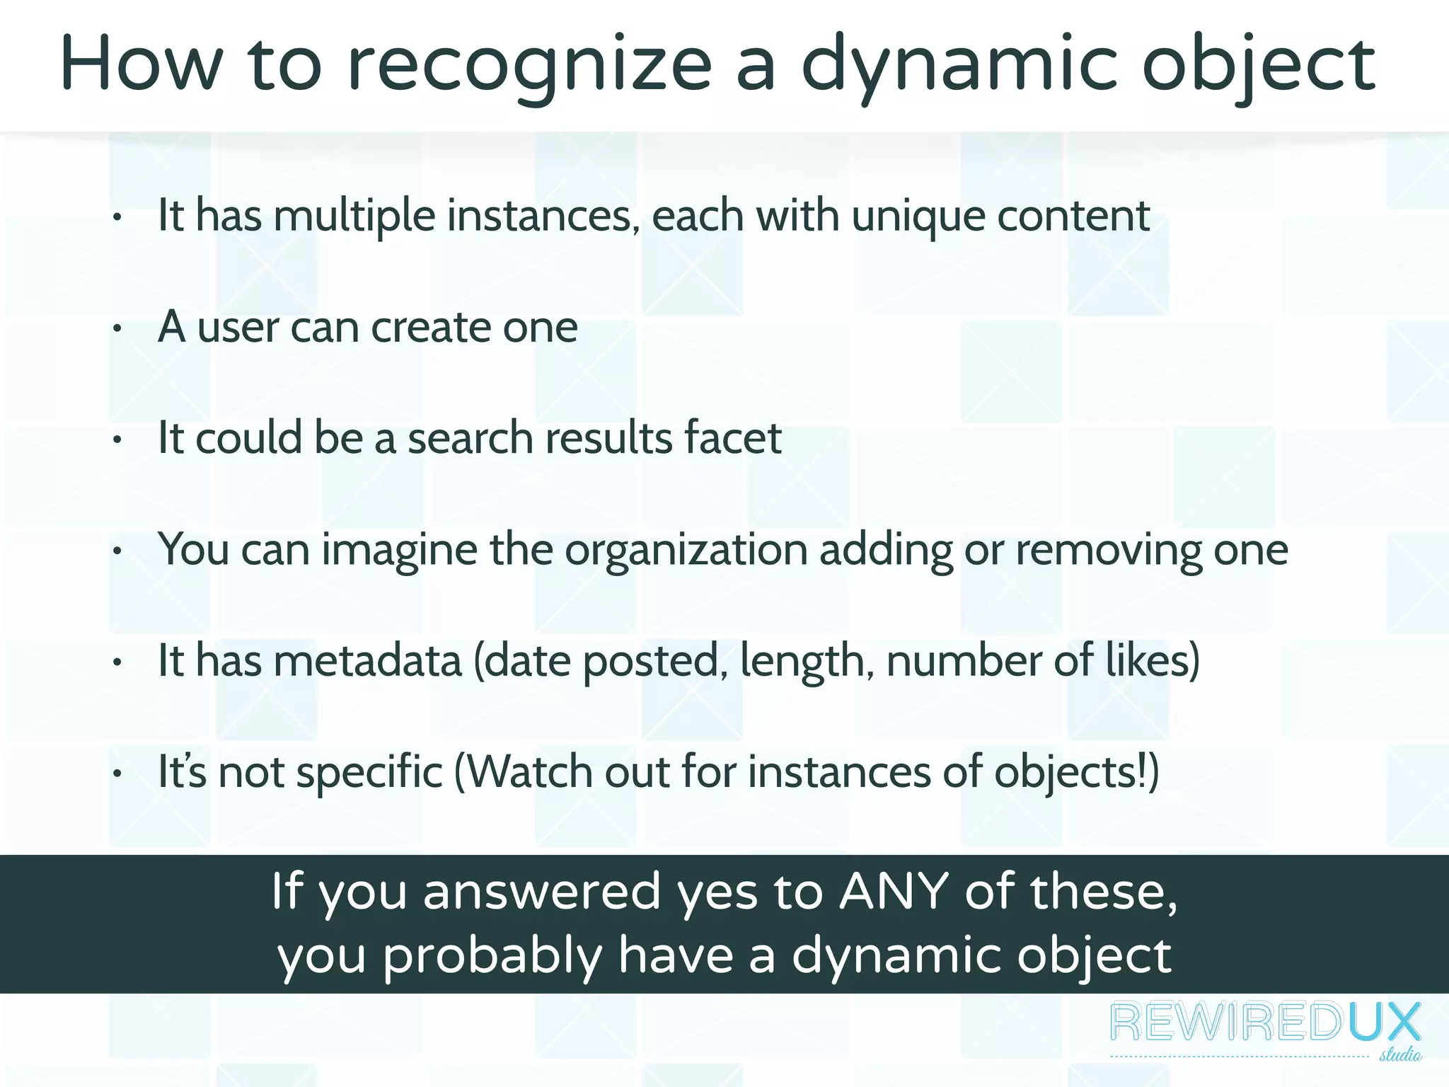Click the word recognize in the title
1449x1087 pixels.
529,66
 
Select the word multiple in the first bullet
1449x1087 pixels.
354,215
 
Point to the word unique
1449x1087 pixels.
918,217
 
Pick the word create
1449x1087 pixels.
431,327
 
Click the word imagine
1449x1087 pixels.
400,551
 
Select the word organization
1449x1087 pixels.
686,551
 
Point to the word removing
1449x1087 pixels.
1109,551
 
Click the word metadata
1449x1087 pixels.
367,660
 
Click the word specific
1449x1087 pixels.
369,773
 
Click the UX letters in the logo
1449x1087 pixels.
1383,1023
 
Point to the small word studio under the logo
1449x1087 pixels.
1399,1055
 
